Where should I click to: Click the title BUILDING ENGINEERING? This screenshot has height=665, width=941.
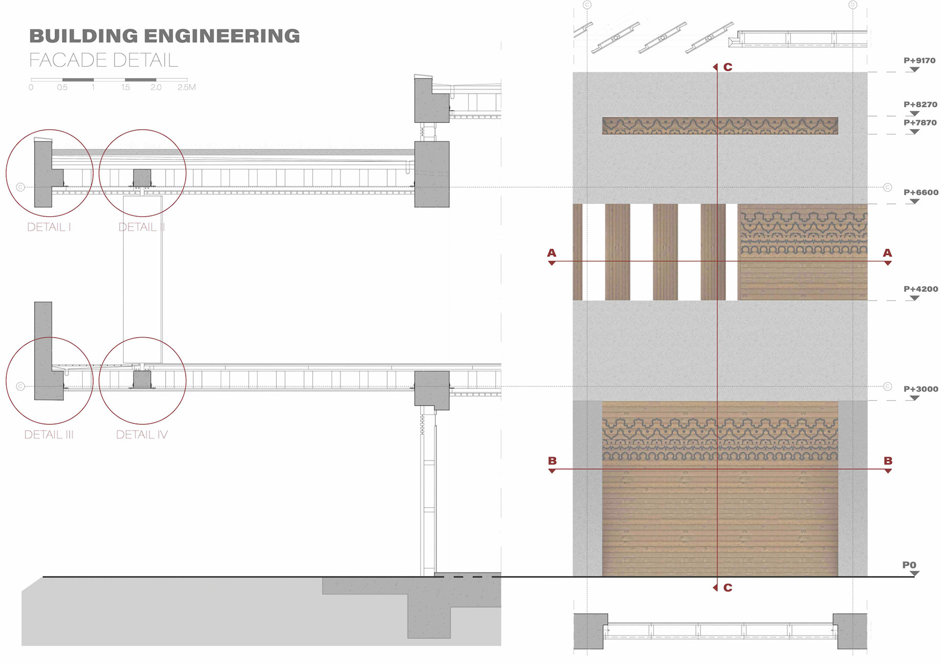coord(164,36)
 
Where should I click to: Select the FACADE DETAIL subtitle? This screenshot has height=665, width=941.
coord(103,60)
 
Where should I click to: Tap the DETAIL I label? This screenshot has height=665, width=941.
coord(49,227)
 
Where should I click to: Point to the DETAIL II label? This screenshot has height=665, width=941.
coord(142,227)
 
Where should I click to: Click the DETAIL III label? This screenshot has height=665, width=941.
coord(49,435)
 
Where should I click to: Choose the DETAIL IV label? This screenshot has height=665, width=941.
coord(142,435)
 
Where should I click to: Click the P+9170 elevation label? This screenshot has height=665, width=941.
coord(919,61)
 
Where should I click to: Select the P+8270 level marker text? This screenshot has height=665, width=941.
coord(920,104)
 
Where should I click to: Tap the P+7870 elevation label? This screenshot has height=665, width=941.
coord(920,123)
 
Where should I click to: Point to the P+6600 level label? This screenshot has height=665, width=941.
coord(920,193)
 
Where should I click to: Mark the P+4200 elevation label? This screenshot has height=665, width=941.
coord(920,289)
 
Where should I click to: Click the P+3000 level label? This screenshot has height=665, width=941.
coord(920,389)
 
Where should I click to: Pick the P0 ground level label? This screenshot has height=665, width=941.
coord(909,565)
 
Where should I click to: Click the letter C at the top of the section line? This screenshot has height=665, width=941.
coord(728,67)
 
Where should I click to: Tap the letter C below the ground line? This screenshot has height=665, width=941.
coord(728,588)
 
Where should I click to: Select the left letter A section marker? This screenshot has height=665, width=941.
coord(552,253)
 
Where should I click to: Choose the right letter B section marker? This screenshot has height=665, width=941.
coord(888,461)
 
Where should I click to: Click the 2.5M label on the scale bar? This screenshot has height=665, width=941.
coord(187,87)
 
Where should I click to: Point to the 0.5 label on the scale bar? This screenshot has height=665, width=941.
coord(62,87)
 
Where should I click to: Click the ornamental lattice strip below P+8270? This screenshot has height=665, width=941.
coord(720,126)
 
